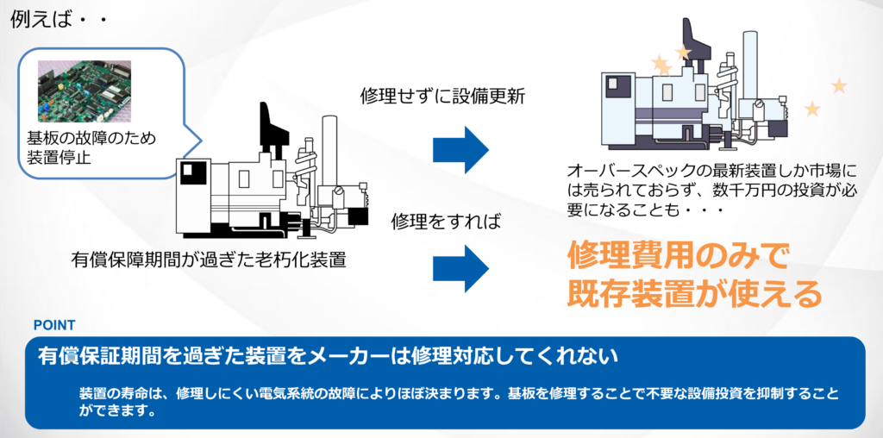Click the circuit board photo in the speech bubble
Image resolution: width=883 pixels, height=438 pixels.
(x=84, y=89)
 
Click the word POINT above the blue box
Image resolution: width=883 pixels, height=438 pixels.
(x=53, y=325)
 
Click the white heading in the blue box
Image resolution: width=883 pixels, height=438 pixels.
(x=328, y=356)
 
